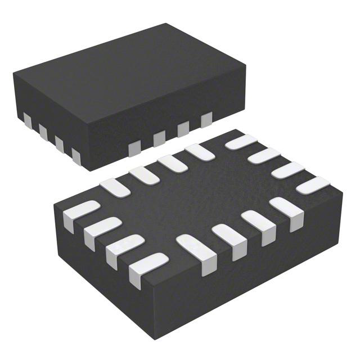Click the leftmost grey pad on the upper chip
point(26,120)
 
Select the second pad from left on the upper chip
point(42,130)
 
